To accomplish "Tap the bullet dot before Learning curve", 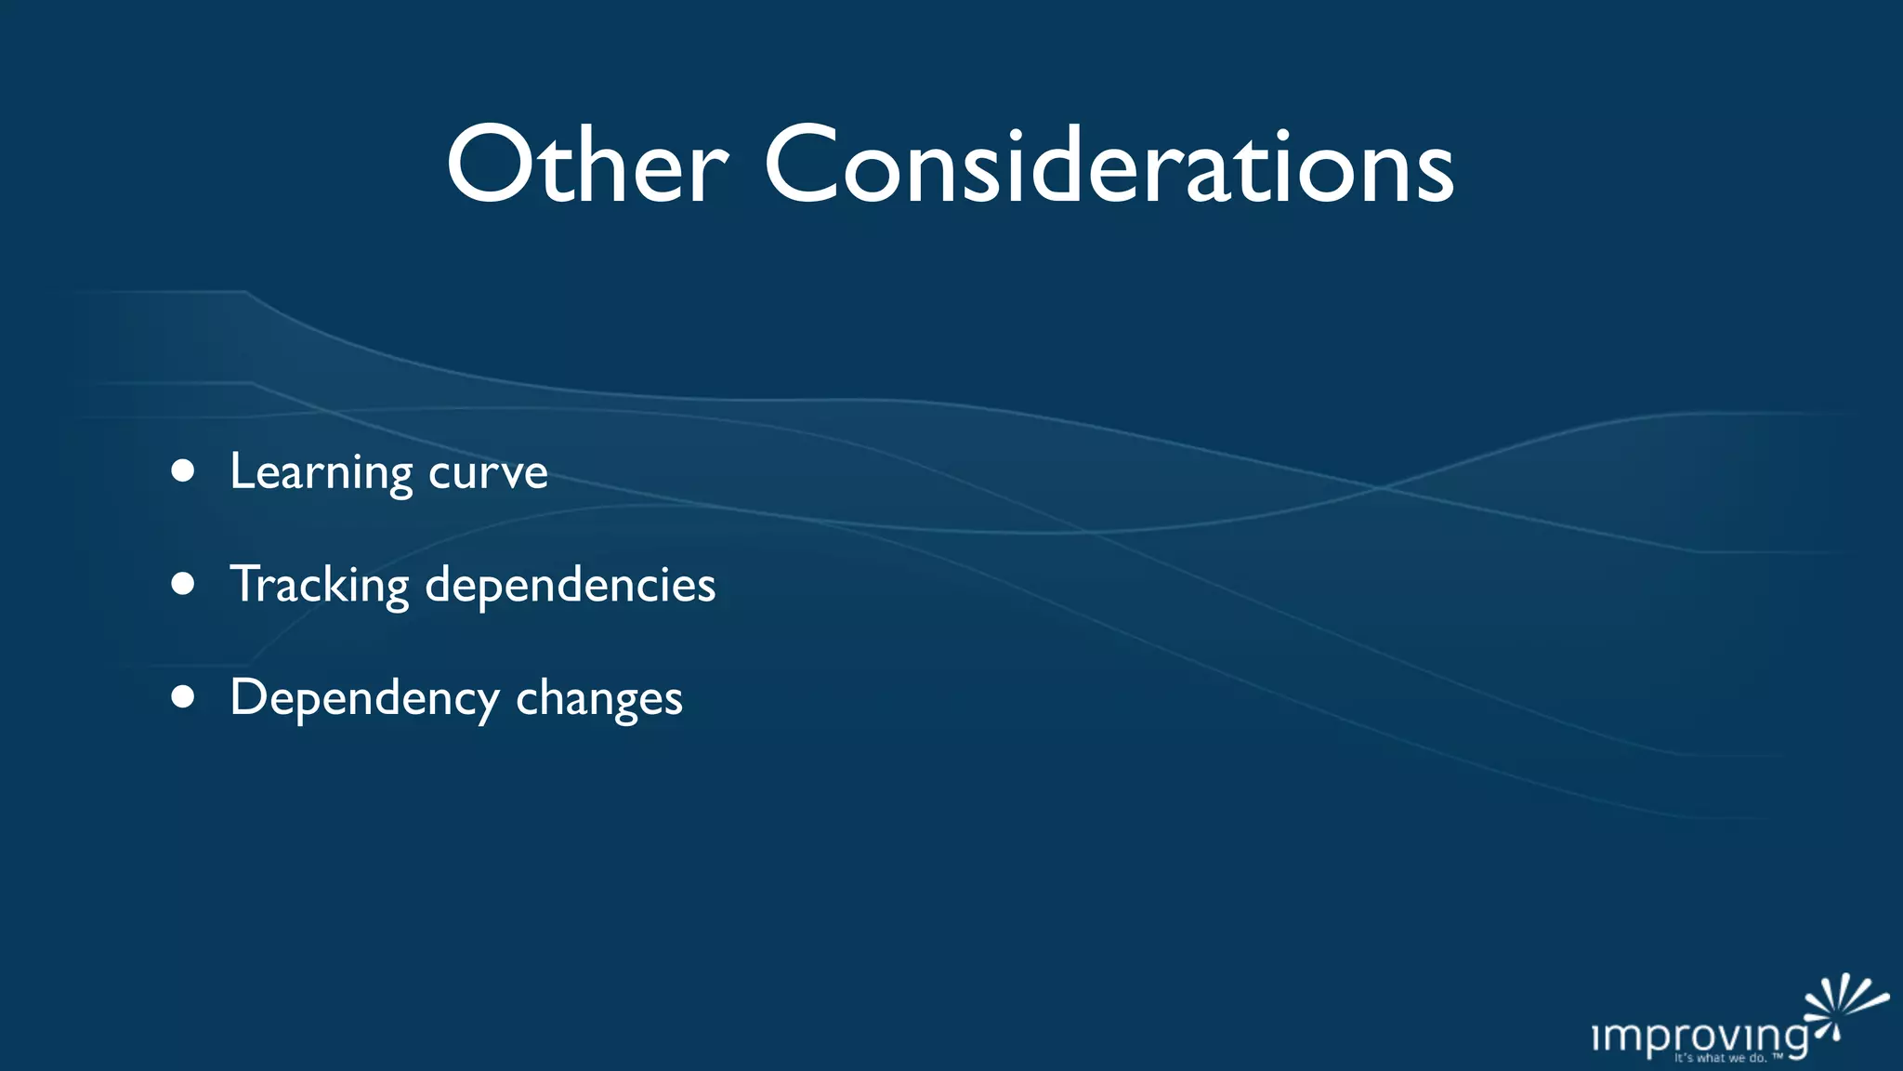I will tap(183, 471).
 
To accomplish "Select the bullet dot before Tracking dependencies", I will tap(183, 584).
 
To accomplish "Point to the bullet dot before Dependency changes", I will tap(183, 697).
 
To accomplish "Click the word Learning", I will tap(321, 472).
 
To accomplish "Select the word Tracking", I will tap(319, 585).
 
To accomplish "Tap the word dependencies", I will tap(570, 585).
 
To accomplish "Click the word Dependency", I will tap(364, 698).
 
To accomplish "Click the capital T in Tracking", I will tap(248, 583).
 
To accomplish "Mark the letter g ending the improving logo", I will tap(1795, 1039).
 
